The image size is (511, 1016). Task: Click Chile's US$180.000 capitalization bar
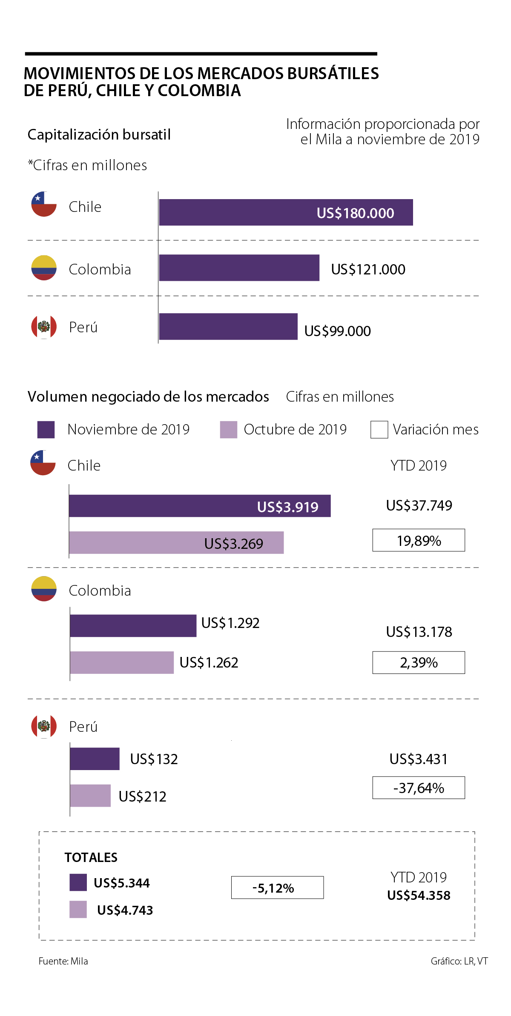tap(285, 212)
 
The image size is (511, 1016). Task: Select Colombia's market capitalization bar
tap(239, 268)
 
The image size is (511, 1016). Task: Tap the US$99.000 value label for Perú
tap(337, 331)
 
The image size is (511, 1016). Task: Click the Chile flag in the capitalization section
tap(44, 204)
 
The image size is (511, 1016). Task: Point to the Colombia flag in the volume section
tap(44, 589)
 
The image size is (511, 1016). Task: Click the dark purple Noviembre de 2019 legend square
tap(46, 430)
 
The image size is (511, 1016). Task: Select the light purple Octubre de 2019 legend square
tap(228, 430)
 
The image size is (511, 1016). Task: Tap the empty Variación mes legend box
tap(379, 430)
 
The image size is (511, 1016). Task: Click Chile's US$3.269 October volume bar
tap(176, 542)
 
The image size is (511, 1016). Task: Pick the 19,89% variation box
tap(419, 540)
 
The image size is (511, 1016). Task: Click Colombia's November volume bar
tap(133, 625)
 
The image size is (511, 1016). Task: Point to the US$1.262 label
tap(209, 662)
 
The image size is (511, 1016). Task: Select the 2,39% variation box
tap(419, 662)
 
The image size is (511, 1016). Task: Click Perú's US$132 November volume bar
tap(95, 759)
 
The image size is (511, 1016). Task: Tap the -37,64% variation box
tap(419, 788)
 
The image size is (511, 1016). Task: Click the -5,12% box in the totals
tap(277, 888)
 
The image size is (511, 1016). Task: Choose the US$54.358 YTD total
tap(419, 895)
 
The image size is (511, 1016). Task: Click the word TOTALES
tap(91, 857)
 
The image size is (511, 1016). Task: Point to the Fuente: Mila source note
tap(63, 961)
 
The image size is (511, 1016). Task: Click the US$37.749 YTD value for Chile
tap(419, 505)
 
